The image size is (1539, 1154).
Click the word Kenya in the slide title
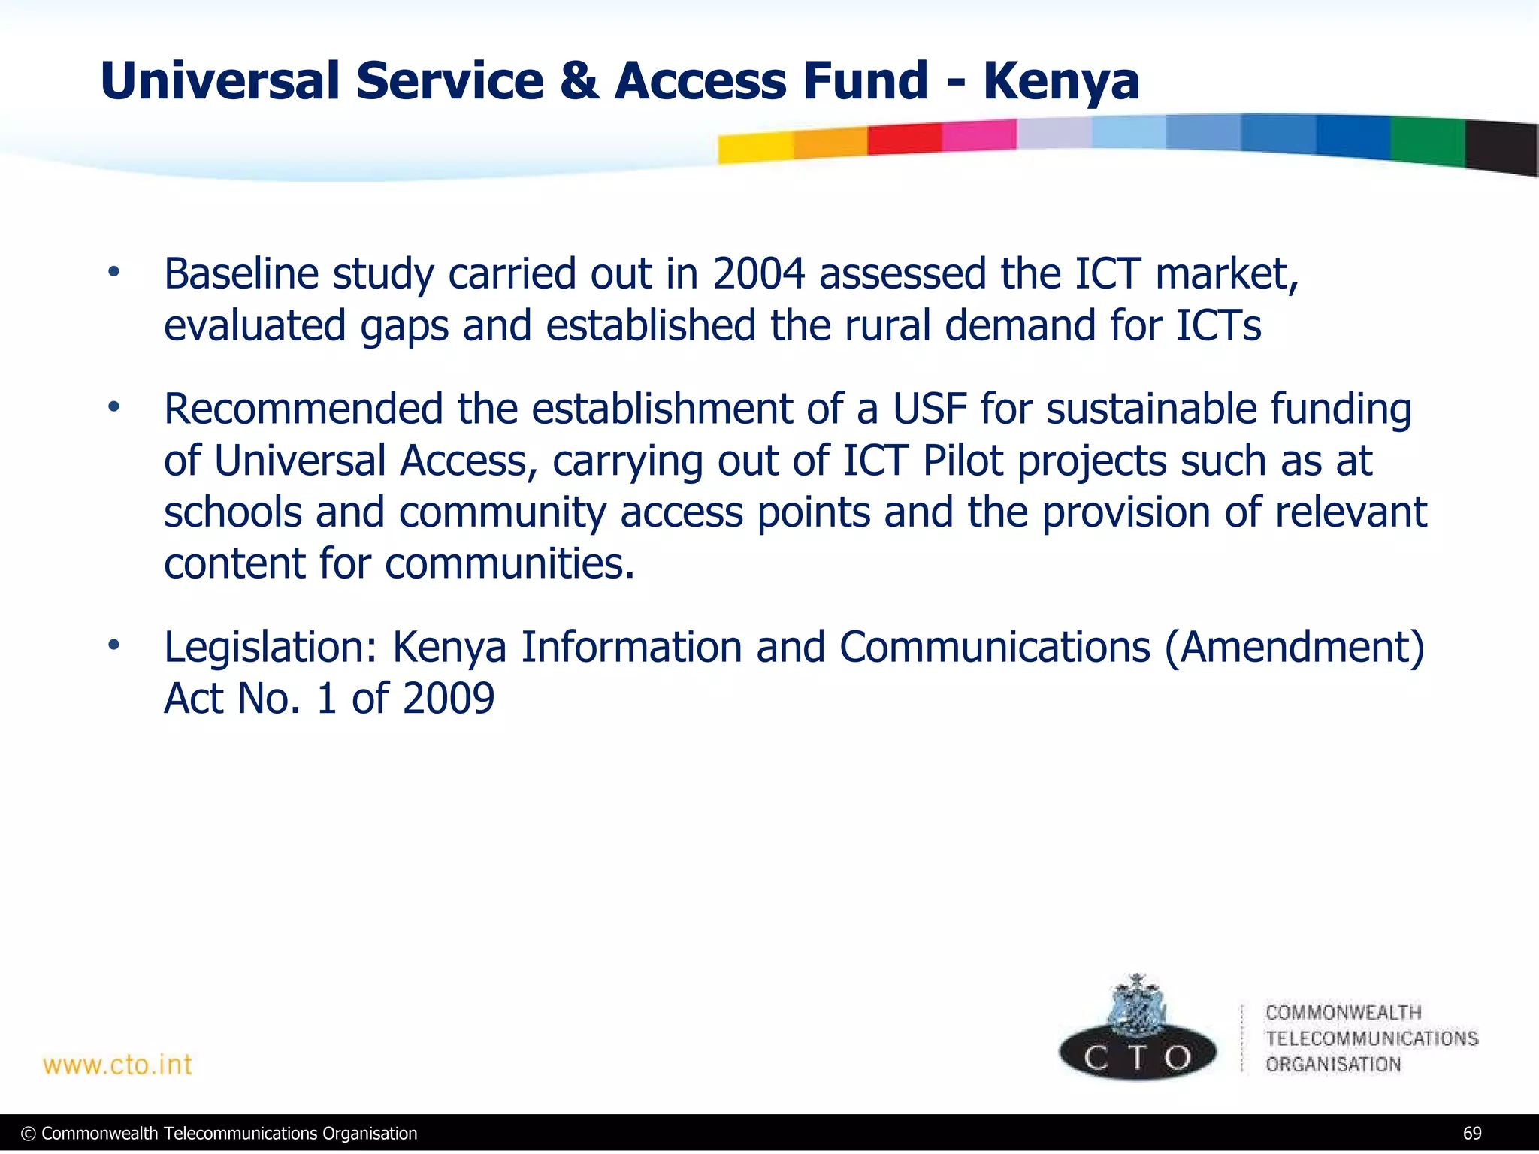[x=1061, y=81]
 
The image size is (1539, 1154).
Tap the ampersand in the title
[x=579, y=81]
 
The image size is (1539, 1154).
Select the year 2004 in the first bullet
[x=758, y=273]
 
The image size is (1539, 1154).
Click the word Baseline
[x=241, y=273]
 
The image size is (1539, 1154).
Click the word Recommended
[x=304, y=409]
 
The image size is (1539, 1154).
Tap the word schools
[x=232, y=512]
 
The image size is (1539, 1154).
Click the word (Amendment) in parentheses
[x=1294, y=647]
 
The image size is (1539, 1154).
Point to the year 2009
[x=449, y=699]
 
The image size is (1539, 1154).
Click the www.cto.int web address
[x=118, y=1065]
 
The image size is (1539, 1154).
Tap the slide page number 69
[x=1472, y=1134]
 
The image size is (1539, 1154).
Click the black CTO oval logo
[x=1137, y=1056]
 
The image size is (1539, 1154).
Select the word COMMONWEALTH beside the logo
[x=1343, y=1013]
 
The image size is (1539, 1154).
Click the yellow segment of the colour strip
[x=755, y=147]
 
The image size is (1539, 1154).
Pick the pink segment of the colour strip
[x=979, y=135]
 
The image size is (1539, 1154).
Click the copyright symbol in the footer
[x=29, y=1134]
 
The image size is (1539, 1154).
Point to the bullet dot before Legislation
[x=113, y=645]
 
